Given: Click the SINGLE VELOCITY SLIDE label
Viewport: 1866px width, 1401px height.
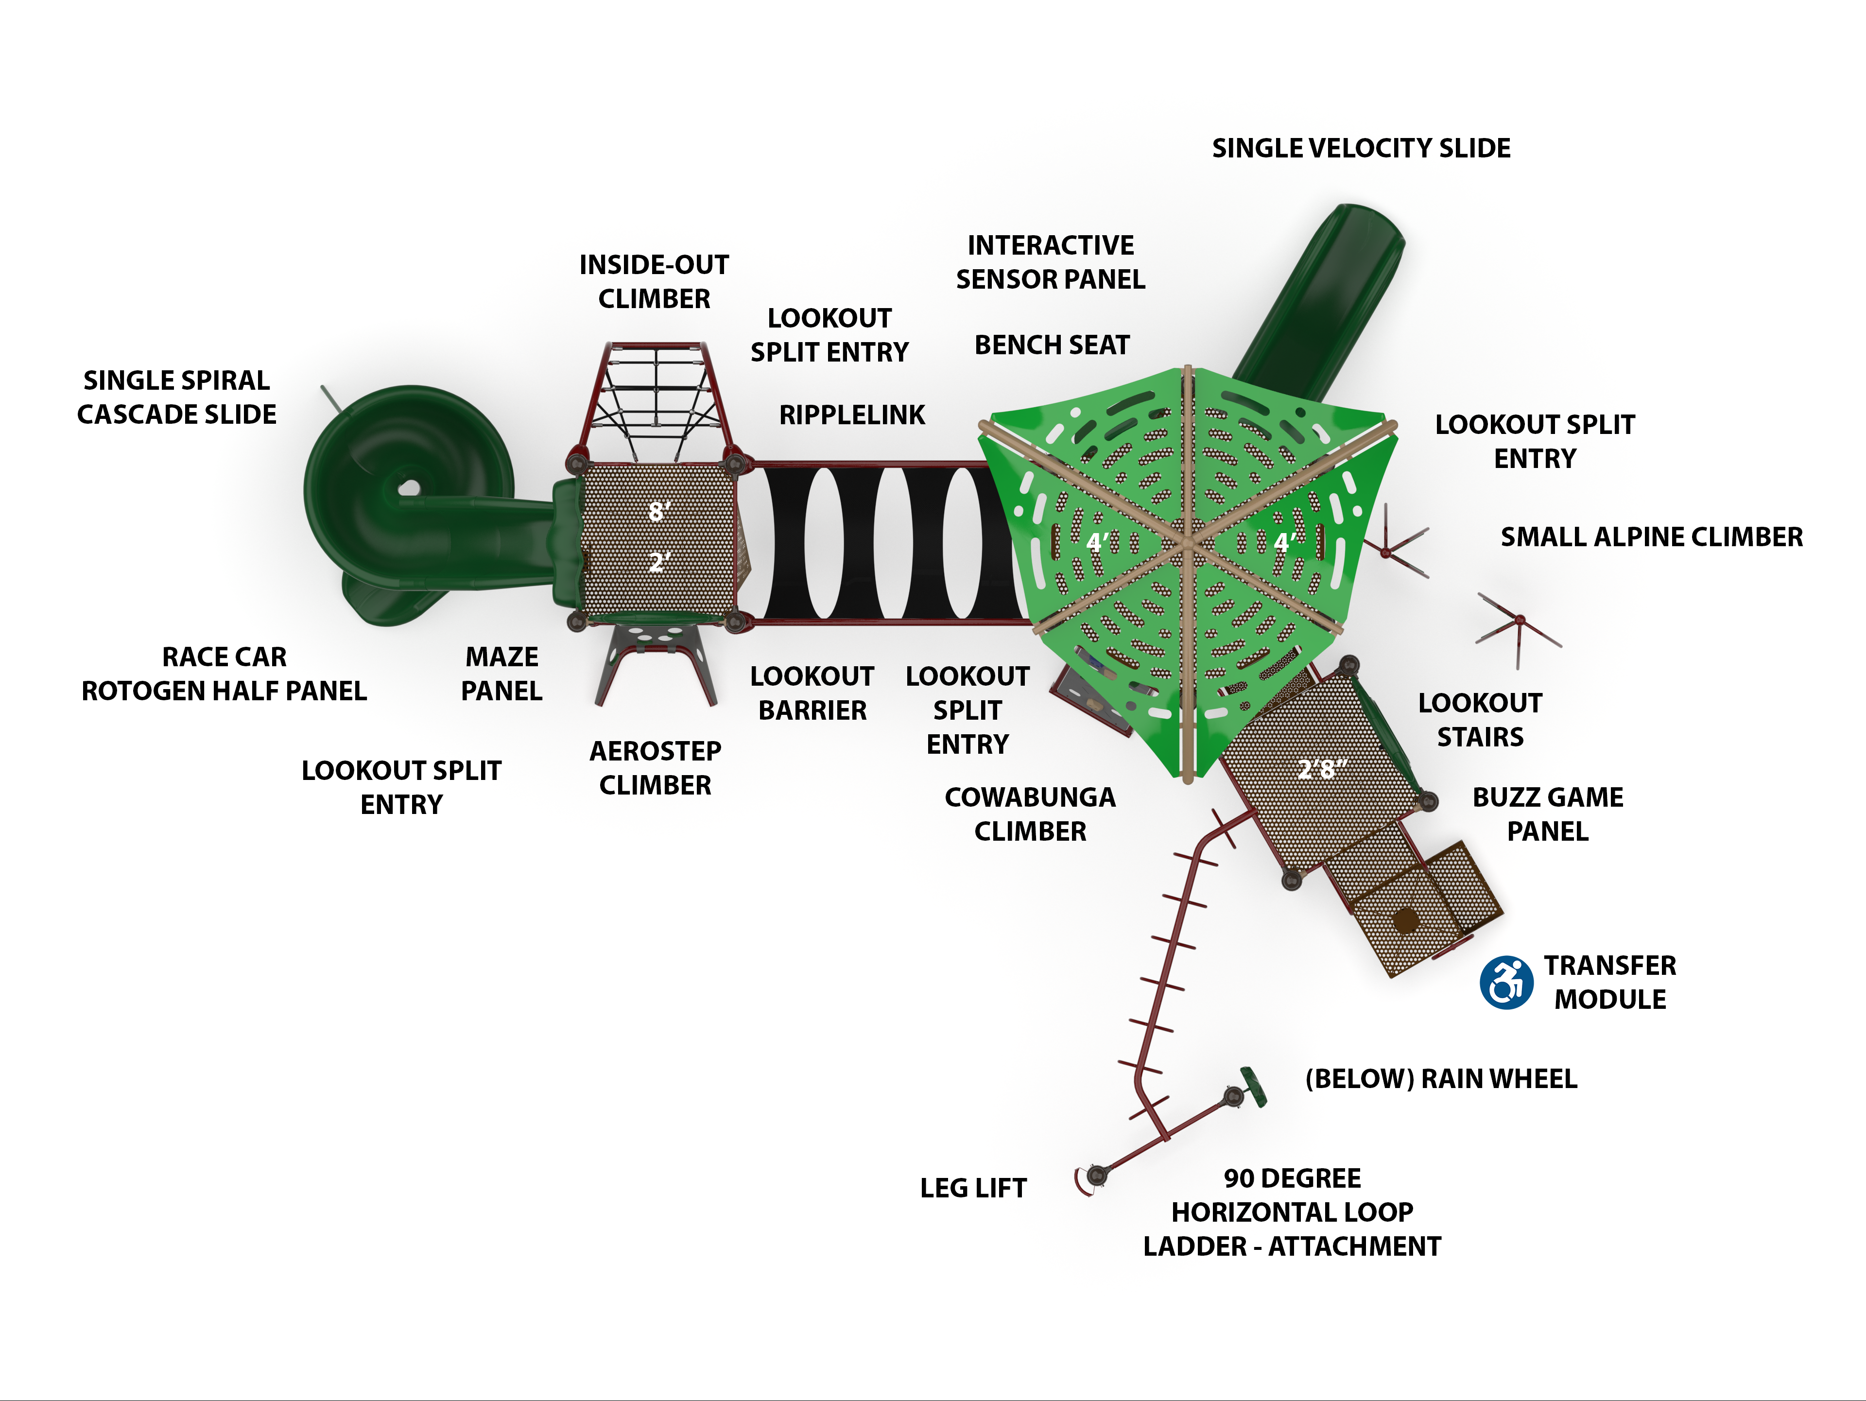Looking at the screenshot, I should click(1361, 148).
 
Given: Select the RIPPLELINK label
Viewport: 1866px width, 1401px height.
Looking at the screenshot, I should click(852, 415).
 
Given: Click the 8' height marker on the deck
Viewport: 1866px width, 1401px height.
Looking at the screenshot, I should click(659, 511).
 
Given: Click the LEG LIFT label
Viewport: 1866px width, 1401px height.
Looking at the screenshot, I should click(973, 1188).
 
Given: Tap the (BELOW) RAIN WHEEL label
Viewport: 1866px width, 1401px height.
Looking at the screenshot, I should click(1441, 1079).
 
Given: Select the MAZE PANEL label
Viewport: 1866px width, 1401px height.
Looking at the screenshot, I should click(502, 674).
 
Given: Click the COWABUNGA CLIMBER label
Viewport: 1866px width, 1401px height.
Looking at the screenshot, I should click(1030, 814).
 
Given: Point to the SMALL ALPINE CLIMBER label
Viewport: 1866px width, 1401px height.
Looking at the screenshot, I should click(1651, 537).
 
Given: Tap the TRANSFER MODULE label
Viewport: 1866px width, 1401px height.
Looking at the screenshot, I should click(1609, 982).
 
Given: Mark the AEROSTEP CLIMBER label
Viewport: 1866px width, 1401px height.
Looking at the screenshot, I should click(656, 767).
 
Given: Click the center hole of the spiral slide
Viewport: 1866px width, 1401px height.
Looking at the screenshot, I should click(409, 487).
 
